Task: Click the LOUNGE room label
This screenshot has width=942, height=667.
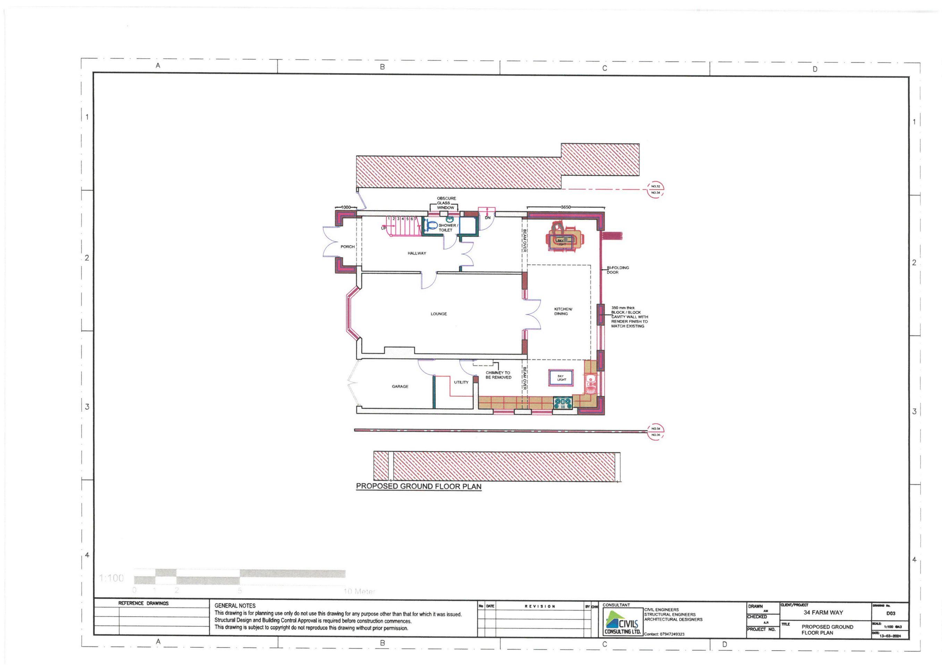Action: tap(439, 314)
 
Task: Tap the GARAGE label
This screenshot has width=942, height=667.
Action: tap(400, 387)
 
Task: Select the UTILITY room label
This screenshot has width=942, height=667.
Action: tap(461, 382)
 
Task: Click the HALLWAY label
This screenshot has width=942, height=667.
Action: tap(416, 253)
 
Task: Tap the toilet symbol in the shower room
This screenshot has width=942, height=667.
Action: tap(431, 225)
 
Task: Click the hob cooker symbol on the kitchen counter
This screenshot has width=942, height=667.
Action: tap(562, 403)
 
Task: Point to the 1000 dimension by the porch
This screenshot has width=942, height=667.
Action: tap(346, 207)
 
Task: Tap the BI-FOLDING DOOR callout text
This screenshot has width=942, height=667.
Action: tap(618, 270)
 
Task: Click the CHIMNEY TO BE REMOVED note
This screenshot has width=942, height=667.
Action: tap(498, 375)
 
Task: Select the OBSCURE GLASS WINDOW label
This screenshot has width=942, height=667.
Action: tap(446, 203)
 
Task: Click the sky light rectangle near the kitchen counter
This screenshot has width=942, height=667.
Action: tap(560, 378)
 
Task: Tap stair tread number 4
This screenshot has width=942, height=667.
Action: tap(402, 219)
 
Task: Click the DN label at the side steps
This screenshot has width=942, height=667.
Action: tap(487, 218)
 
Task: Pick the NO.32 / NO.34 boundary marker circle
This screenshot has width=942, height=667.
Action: tap(655, 190)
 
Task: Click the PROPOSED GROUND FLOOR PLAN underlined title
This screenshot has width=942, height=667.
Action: tap(418, 486)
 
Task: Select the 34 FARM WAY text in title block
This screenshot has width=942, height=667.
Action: tap(823, 612)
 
